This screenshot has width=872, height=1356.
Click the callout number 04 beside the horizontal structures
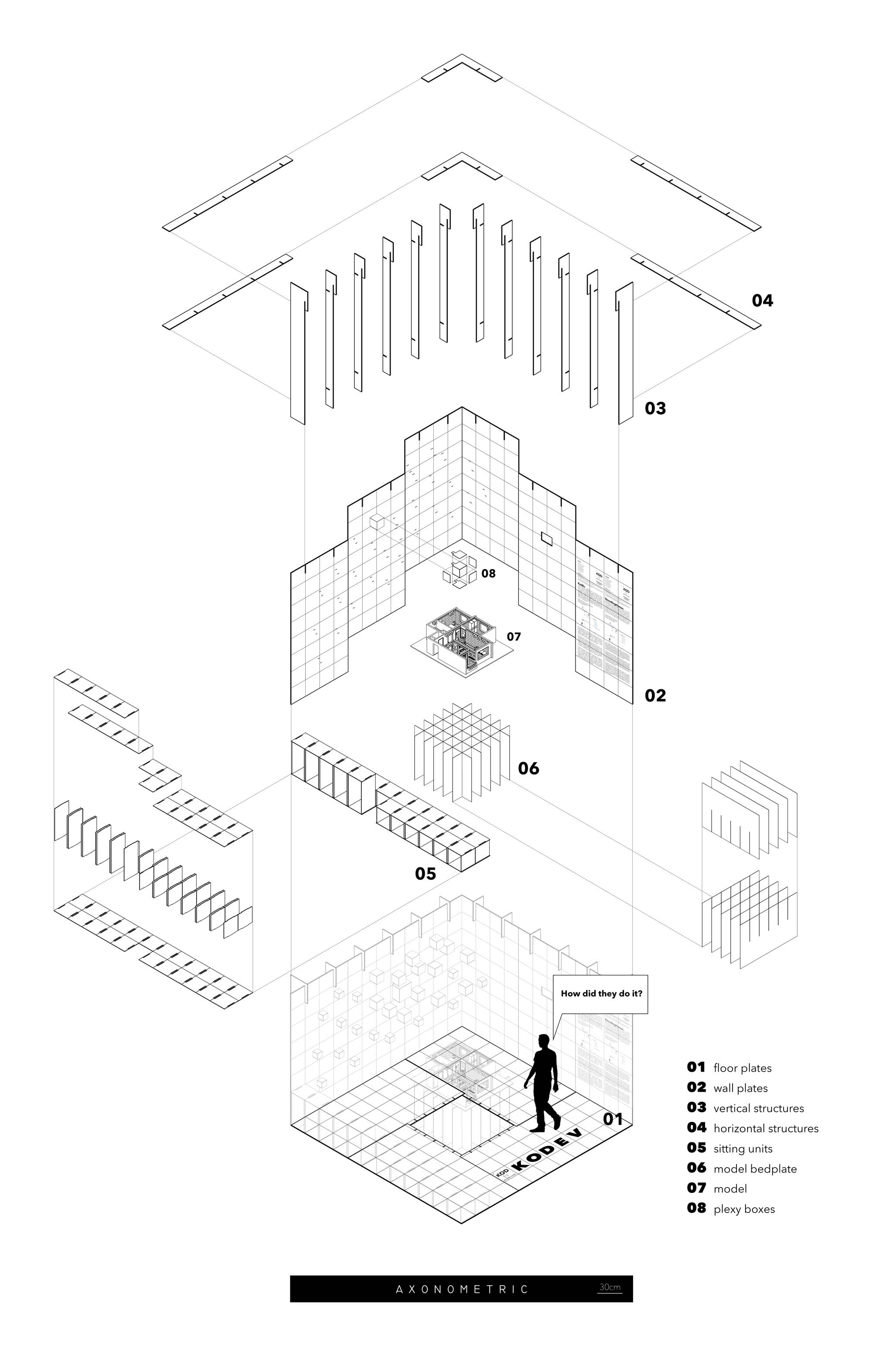[x=762, y=301]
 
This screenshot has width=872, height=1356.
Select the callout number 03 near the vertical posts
[x=655, y=408]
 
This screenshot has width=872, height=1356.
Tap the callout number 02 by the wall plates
[x=655, y=695]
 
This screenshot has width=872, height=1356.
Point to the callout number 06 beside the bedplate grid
[x=528, y=768]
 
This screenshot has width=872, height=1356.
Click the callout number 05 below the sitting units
[x=425, y=874]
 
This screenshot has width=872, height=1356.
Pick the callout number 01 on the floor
[x=613, y=1119]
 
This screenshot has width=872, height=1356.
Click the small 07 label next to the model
[x=514, y=637]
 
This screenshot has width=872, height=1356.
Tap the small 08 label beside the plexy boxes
[x=488, y=573]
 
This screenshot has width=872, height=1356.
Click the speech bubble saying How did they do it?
[x=601, y=993]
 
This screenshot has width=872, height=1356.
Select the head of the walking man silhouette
[x=544, y=1041]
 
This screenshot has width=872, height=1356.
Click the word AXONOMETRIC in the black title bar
[x=461, y=1289]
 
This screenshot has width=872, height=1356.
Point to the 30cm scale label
[x=609, y=1287]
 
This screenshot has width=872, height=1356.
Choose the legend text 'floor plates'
[x=743, y=1068]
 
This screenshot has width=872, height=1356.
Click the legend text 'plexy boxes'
[x=744, y=1209]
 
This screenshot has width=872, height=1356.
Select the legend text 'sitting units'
[x=743, y=1149]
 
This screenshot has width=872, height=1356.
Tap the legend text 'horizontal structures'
[x=766, y=1128]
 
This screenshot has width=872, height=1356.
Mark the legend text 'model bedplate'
[x=755, y=1169]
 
